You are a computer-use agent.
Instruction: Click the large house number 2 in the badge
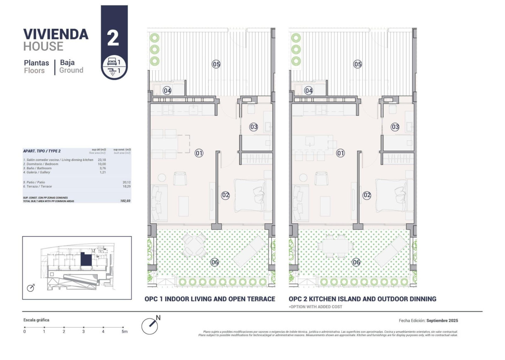pyautogui.click(x=113, y=38)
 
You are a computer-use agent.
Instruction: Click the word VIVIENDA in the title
pyautogui.click(x=56, y=34)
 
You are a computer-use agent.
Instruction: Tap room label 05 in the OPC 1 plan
pyautogui.click(x=216, y=64)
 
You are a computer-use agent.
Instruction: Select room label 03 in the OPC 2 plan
pyautogui.click(x=395, y=127)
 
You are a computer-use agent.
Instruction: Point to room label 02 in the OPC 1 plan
pyautogui.click(x=225, y=195)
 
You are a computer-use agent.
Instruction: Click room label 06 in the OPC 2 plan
pyautogui.click(x=356, y=262)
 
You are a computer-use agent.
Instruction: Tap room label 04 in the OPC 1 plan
pyautogui.click(x=167, y=91)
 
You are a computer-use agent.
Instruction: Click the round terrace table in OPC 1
pyautogui.click(x=195, y=245)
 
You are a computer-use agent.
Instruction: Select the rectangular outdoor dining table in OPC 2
pyautogui.click(x=335, y=246)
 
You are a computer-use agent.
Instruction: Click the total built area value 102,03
pyautogui.click(x=125, y=201)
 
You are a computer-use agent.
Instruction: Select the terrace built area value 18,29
pyautogui.click(x=126, y=187)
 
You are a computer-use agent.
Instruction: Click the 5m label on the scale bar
pyautogui.click(x=124, y=331)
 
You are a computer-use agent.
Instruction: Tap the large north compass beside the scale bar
pyautogui.click(x=150, y=325)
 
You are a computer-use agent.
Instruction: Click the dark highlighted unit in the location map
pyautogui.click(x=86, y=259)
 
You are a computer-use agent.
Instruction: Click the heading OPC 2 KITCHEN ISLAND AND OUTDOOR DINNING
pyautogui.click(x=362, y=299)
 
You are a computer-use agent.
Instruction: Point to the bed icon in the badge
pyautogui.click(x=112, y=62)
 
